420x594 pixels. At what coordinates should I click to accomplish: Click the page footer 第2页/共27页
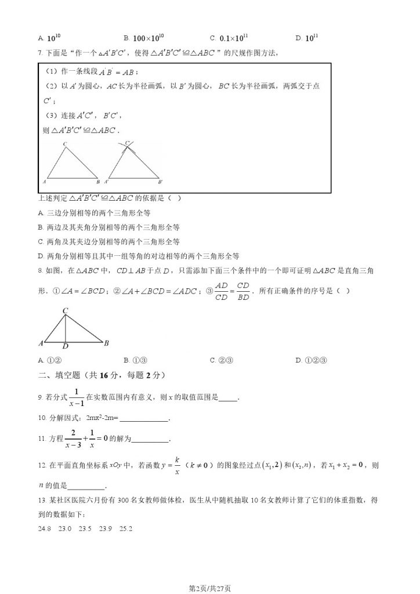[210, 588]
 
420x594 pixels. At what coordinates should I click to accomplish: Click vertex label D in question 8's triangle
[66, 346]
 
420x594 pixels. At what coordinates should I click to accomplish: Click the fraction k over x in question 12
[177, 466]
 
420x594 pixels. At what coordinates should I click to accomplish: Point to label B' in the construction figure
[161, 182]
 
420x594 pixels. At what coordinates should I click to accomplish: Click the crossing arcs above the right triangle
[129, 144]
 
